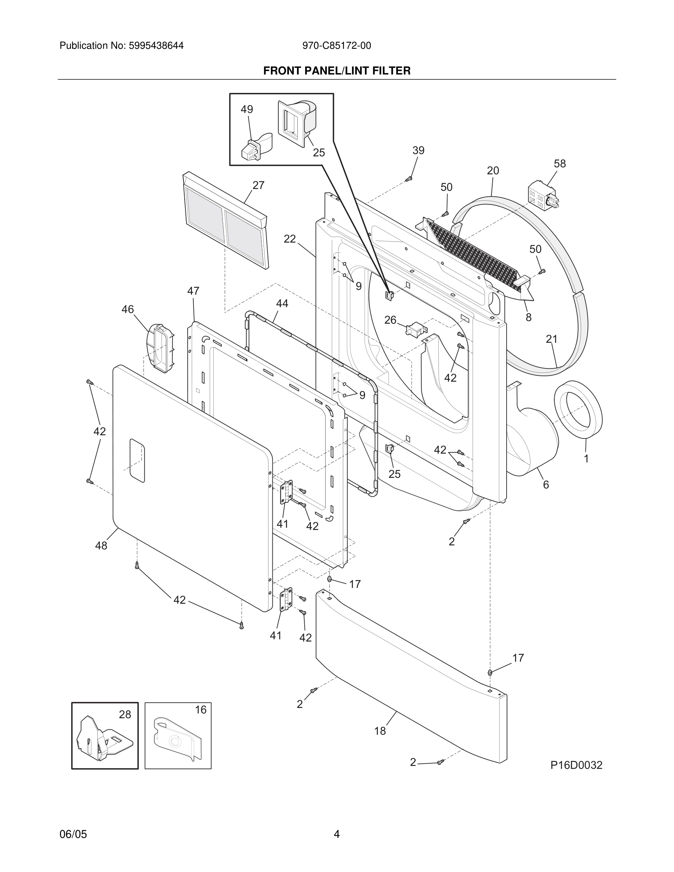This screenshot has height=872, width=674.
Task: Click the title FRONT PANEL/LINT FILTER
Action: (337, 71)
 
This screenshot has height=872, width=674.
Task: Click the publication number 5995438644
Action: (156, 46)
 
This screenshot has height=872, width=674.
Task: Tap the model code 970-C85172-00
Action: (337, 46)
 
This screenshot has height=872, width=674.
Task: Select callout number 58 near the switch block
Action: (559, 164)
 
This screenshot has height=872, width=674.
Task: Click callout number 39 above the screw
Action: (418, 150)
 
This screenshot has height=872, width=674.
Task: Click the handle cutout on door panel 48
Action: (137, 460)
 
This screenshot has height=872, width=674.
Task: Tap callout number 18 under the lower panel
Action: (380, 731)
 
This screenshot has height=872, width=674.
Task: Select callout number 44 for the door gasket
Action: (282, 304)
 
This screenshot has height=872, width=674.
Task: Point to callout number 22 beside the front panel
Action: (290, 239)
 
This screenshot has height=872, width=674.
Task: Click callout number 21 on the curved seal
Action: (551, 339)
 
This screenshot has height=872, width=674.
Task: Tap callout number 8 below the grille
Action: (528, 317)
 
